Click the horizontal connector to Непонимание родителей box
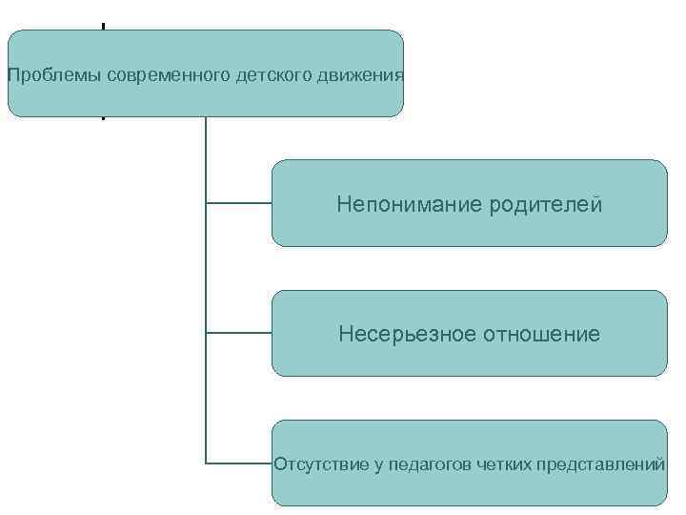tap(238, 203)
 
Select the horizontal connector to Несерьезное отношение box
tap(238, 333)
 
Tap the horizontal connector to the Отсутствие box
tap(238, 463)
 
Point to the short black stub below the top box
tap(103, 118)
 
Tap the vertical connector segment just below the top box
tap(206, 153)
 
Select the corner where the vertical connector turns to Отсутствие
tap(206, 463)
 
